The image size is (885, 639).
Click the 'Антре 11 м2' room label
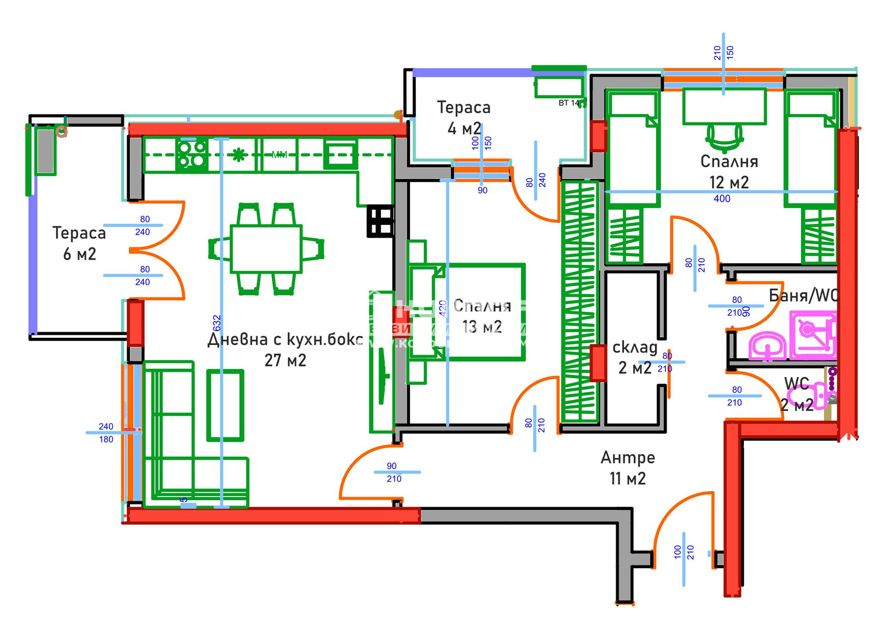click(628, 468)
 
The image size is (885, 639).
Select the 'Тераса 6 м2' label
click(79, 243)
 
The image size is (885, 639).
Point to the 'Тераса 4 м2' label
click(464, 117)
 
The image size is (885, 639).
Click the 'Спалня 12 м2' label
click(729, 172)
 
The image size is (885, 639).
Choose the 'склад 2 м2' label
click(635, 357)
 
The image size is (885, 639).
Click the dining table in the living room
click(266, 249)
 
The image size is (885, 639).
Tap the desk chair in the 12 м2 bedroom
click(725, 137)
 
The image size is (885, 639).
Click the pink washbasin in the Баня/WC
click(767, 347)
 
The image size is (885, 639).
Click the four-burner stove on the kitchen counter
click(192, 154)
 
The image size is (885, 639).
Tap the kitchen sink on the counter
click(340, 154)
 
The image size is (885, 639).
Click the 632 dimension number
click(217, 323)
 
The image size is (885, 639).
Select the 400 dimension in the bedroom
click(722, 199)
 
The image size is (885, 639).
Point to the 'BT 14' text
click(569, 103)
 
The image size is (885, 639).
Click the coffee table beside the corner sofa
click(225, 405)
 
